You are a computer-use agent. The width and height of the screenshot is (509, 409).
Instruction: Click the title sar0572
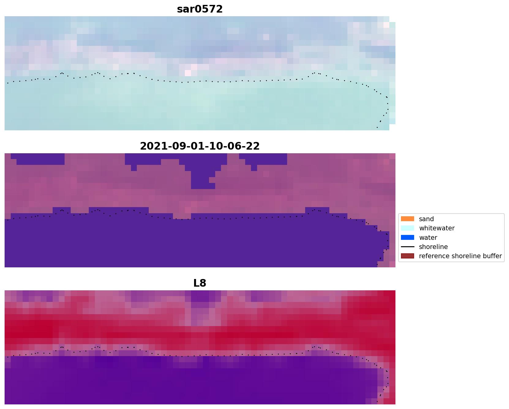coord(200,9)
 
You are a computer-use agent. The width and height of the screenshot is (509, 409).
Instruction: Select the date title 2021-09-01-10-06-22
coord(200,146)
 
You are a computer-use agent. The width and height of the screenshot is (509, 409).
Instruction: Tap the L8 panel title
coord(200,283)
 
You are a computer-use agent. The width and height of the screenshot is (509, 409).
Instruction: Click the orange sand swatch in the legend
coord(407,219)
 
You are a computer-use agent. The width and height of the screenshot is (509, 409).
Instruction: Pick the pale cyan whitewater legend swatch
coord(407,228)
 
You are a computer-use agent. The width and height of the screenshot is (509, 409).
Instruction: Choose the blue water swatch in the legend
coord(407,238)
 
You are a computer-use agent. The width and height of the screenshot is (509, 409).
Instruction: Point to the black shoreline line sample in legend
coord(407,247)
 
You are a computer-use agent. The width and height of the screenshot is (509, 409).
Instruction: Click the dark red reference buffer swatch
coord(407,256)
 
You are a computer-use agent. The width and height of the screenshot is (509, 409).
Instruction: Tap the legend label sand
coord(426,219)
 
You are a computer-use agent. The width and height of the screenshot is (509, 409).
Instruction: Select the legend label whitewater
coord(436,228)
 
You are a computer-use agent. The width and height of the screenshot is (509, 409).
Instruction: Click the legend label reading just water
coord(428,238)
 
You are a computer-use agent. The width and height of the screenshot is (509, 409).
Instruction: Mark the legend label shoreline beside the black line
coord(433,247)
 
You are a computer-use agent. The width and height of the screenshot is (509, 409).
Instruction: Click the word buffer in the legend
coord(491,256)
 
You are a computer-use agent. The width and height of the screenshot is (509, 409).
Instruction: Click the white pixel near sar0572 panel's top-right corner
coord(386,25)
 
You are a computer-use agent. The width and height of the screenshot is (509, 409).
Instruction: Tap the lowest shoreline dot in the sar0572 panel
coord(377,127)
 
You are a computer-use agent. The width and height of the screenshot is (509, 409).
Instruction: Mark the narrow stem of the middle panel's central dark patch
coord(203,180)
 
